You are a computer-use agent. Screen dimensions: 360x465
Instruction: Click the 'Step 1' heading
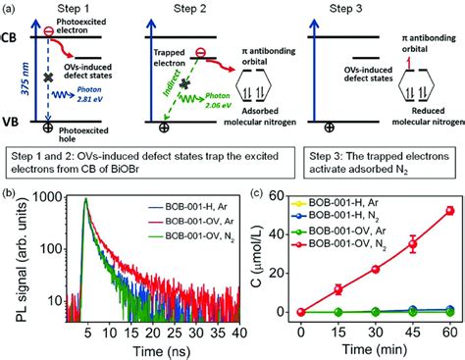pyautogui.click(x=75, y=8)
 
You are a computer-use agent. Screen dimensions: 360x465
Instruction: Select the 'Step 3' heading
pyautogui.click(x=382, y=8)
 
